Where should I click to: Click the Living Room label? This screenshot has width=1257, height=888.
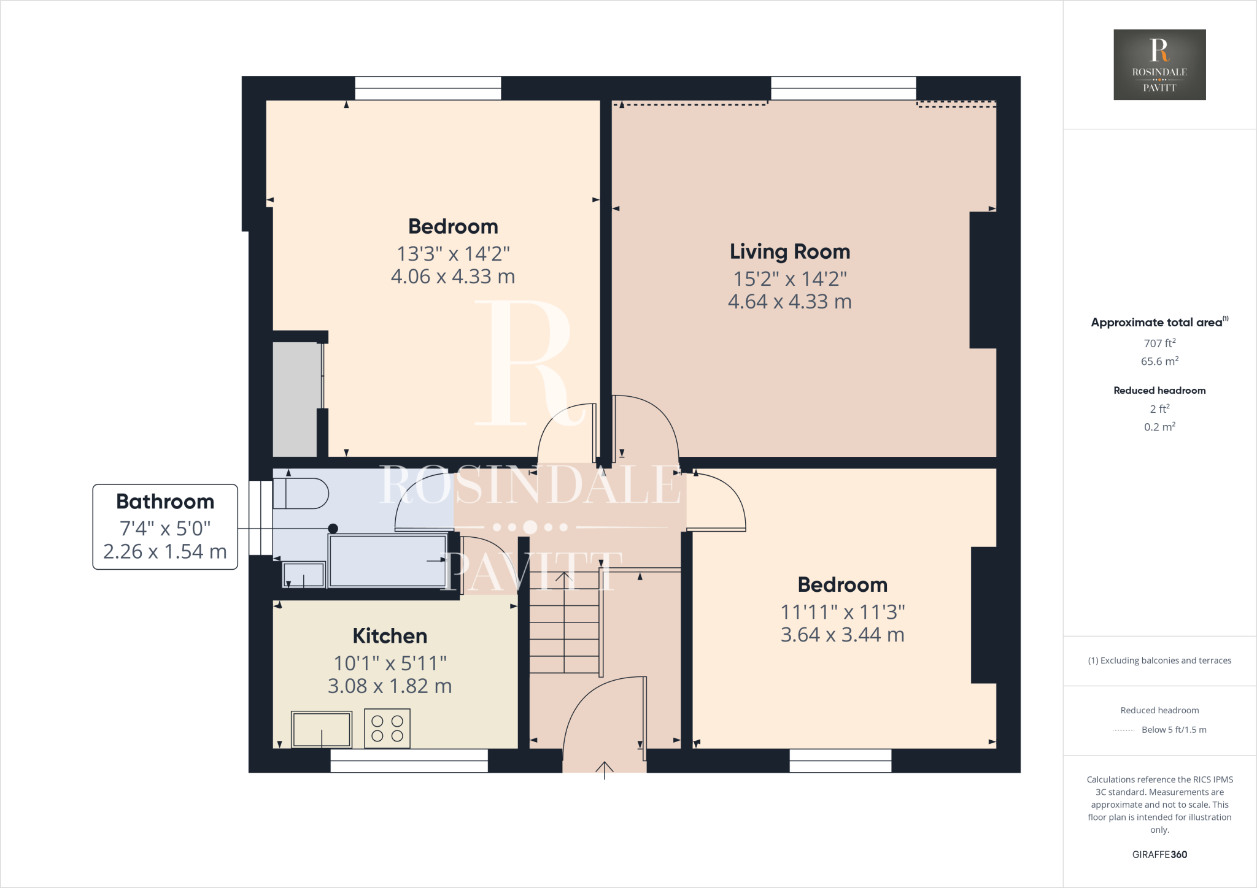coord(789,251)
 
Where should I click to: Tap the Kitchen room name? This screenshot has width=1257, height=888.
coord(390,636)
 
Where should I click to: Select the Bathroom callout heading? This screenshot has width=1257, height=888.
coord(165,502)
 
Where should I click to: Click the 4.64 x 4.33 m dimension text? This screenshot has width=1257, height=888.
coord(789,302)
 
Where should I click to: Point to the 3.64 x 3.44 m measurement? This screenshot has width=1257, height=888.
coord(842,635)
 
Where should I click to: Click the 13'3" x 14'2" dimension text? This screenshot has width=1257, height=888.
coord(453,253)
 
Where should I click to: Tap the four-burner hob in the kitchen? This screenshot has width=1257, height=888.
coord(387,728)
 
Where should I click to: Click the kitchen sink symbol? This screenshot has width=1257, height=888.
coord(322,729)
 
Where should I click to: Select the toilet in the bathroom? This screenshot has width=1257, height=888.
coord(301,494)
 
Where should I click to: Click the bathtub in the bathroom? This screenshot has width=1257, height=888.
coord(388,561)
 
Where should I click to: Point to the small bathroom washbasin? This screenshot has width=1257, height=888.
coord(303,575)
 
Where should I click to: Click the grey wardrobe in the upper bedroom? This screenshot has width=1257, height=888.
coord(295,399)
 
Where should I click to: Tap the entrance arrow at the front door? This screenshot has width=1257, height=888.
coord(605,769)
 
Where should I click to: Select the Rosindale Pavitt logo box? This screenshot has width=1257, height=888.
coord(1159,64)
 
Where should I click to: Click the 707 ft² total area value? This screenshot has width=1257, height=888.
coord(1159,343)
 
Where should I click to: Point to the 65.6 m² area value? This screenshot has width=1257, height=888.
coord(1159,361)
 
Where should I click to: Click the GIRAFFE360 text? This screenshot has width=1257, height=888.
coord(1159,854)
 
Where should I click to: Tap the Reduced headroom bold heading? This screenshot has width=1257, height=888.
coord(1159,391)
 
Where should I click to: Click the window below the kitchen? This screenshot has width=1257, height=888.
coord(409,760)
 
